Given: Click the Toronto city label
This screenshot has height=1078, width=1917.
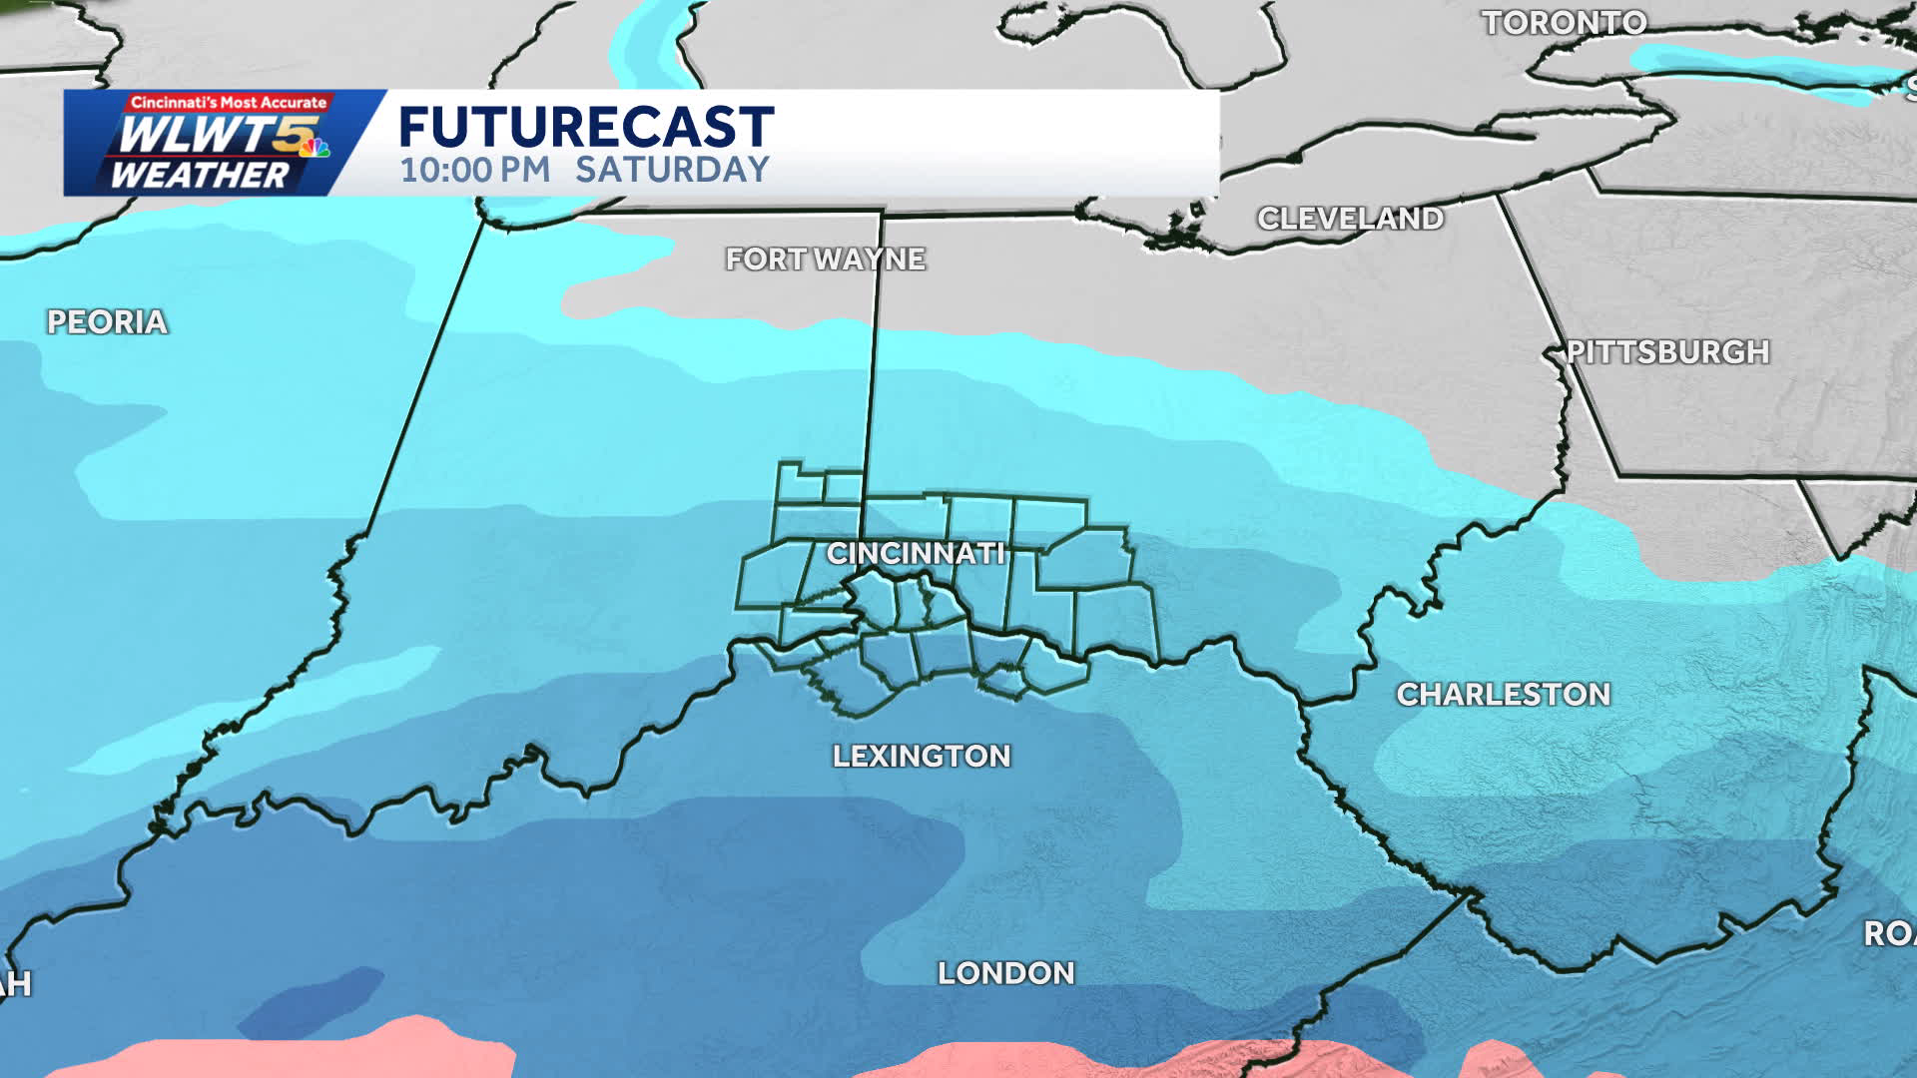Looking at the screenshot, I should click(x=1564, y=23).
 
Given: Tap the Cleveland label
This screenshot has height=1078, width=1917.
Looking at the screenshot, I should click(x=1350, y=219).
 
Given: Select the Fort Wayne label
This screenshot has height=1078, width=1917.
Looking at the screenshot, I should click(x=825, y=260).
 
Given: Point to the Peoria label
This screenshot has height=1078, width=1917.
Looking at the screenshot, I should click(x=107, y=322).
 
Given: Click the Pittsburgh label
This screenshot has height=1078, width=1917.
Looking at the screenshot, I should click(x=1666, y=352).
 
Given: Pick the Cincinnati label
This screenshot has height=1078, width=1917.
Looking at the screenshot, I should click(x=915, y=553).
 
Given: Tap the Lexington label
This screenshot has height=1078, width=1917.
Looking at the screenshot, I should click(x=921, y=757).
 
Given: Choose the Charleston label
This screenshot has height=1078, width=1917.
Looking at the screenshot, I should click(x=1503, y=695).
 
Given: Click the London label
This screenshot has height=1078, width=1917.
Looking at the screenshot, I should click(x=1005, y=973).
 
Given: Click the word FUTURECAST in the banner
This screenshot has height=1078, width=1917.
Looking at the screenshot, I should click(x=586, y=127).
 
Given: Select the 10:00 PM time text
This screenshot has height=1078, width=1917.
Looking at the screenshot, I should click(x=475, y=170).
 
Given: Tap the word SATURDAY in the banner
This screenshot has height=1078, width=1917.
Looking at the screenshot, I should click(x=672, y=170).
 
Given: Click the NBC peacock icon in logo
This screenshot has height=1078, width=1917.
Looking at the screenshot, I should click(x=316, y=148).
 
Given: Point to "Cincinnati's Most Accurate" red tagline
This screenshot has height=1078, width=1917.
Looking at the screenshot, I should click(x=229, y=102).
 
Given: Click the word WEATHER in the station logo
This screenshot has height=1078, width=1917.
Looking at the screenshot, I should click(x=199, y=176).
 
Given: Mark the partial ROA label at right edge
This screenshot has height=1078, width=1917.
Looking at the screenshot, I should click(x=1888, y=934).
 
